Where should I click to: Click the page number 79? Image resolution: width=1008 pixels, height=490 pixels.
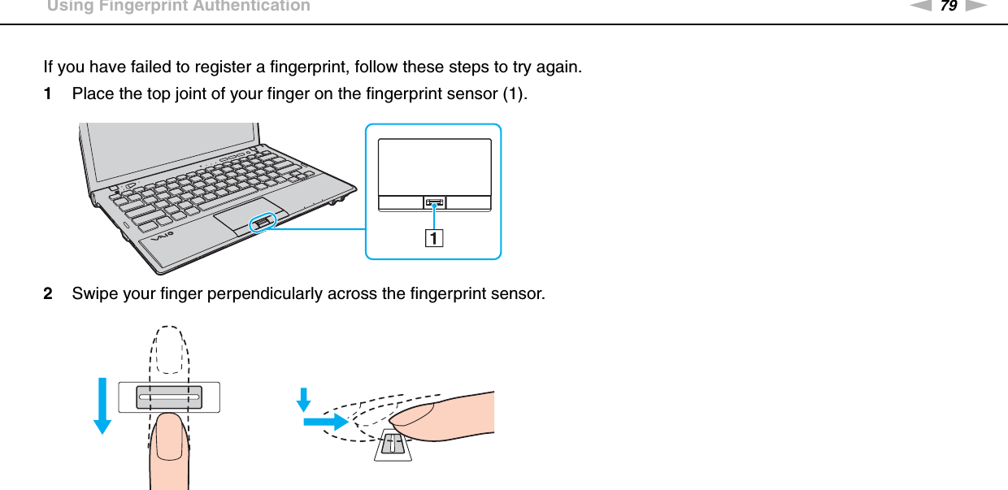(x=948, y=7)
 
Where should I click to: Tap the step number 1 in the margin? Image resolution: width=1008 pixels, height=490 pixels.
(x=50, y=93)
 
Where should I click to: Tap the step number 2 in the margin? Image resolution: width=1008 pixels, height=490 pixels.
(x=50, y=293)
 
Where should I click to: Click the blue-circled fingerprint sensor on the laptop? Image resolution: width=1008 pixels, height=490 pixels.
(x=261, y=222)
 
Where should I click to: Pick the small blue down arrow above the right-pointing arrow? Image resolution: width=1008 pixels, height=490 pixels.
(x=304, y=399)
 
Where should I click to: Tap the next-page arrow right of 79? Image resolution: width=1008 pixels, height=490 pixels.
(x=975, y=7)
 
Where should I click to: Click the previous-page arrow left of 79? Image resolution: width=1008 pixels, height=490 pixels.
(x=921, y=7)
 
